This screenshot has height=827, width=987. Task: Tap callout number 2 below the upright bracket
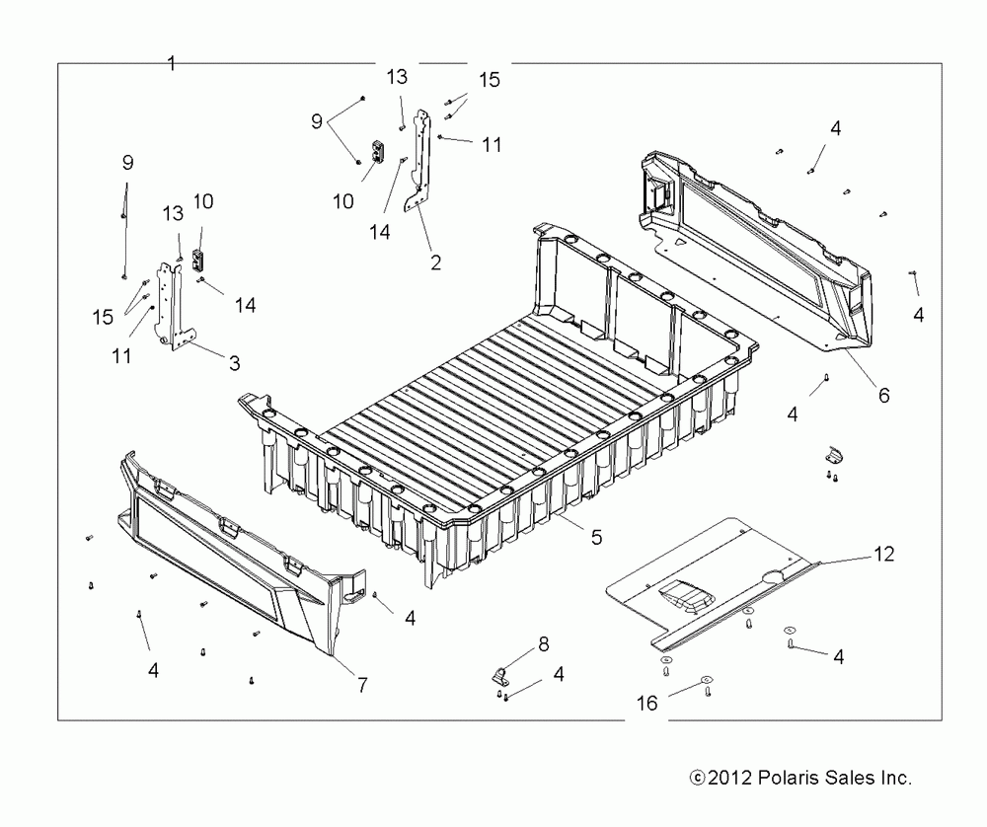(435, 263)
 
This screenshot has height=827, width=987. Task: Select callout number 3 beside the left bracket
(234, 363)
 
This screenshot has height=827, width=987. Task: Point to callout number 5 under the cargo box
(596, 539)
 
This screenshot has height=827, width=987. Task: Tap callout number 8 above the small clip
(543, 645)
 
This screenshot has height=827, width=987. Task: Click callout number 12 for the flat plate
(883, 555)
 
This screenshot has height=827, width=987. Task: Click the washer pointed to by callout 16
(707, 680)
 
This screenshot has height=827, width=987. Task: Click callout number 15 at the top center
(489, 81)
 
